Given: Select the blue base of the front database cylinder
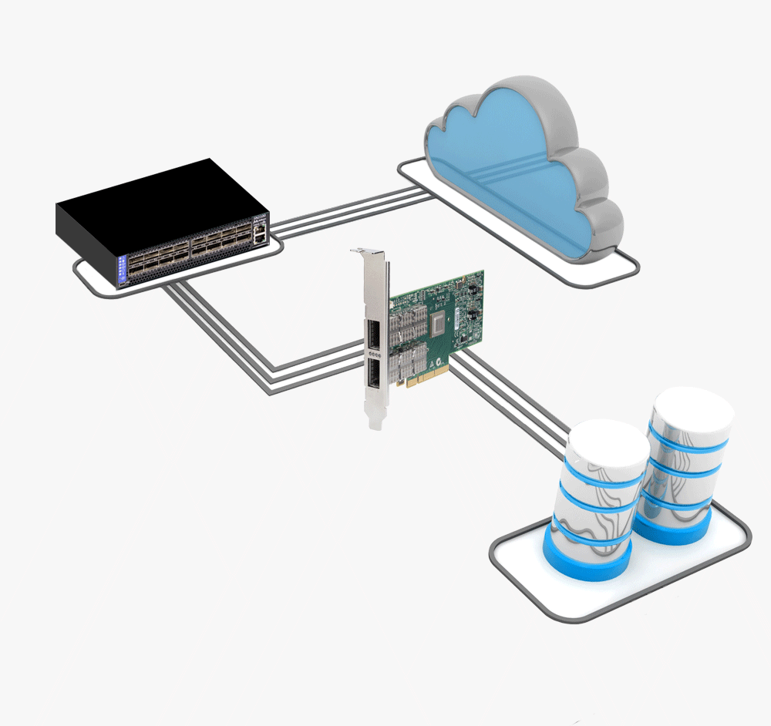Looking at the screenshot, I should [x=586, y=559].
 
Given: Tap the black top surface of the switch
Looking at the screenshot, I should [x=154, y=193].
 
